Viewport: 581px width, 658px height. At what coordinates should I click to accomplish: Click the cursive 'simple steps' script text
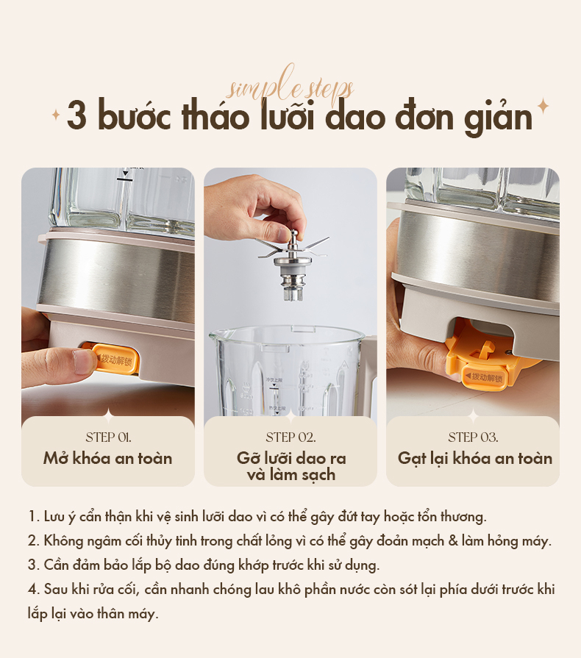(290, 87)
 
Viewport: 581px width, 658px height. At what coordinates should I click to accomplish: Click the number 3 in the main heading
(77, 118)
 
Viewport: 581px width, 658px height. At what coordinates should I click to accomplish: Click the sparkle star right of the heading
(543, 107)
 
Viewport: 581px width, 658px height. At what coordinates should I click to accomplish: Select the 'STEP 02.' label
(290, 437)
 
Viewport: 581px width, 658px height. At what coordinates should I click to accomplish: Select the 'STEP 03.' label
(473, 437)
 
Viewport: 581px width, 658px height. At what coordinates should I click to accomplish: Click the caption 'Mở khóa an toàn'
(107, 458)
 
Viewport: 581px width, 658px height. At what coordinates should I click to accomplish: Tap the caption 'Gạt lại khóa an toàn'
(474, 458)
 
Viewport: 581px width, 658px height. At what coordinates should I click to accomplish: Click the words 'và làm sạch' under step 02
(290, 475)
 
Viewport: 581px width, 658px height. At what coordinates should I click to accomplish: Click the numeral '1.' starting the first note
(32, 516)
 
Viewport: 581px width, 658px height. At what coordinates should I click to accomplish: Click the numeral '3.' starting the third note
(33, 565)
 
